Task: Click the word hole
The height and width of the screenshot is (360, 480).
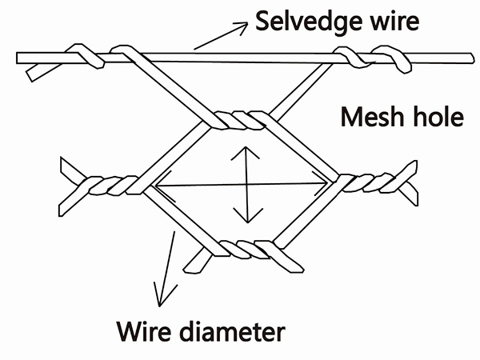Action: tap(437, 118)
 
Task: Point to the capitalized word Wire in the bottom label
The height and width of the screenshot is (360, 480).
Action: tap(147, 329)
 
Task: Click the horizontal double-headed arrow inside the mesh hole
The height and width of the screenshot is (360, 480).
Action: tap(240, 186)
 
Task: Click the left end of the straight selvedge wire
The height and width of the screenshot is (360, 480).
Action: tap(20, 58)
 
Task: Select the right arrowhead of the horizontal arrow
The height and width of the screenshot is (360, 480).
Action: tap(324, 186)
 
